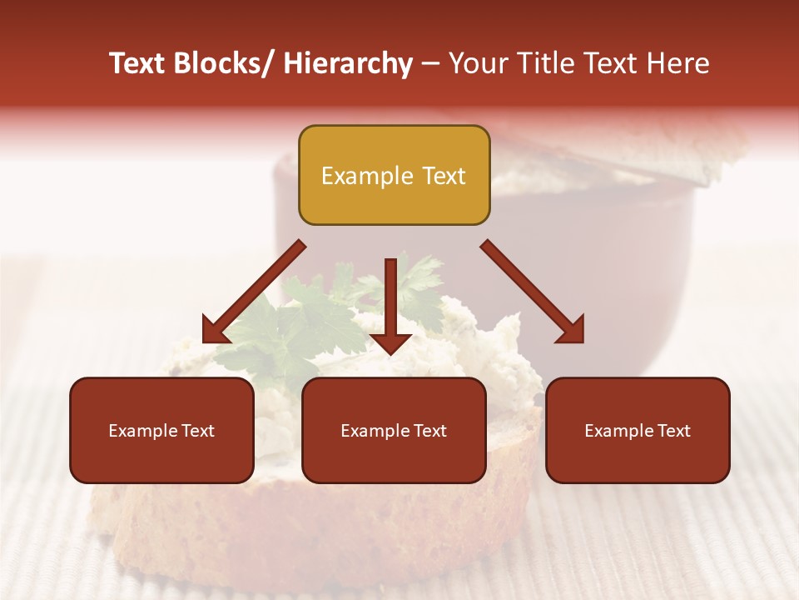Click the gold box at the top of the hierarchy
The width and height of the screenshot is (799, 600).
(394, 175)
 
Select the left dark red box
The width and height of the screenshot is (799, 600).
(161, 430)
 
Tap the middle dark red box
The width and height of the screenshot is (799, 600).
(394, 430)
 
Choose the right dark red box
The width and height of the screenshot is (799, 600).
(638, 430)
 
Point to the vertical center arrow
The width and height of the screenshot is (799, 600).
(390, 300)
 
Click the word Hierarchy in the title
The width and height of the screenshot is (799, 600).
(347, 63)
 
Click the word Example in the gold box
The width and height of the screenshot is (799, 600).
(367, 176)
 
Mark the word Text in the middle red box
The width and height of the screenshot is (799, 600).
(429, 431)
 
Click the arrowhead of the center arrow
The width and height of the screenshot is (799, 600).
(390, 342)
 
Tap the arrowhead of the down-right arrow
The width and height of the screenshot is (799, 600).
(570, 329)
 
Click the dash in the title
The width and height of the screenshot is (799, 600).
(430, 63)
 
